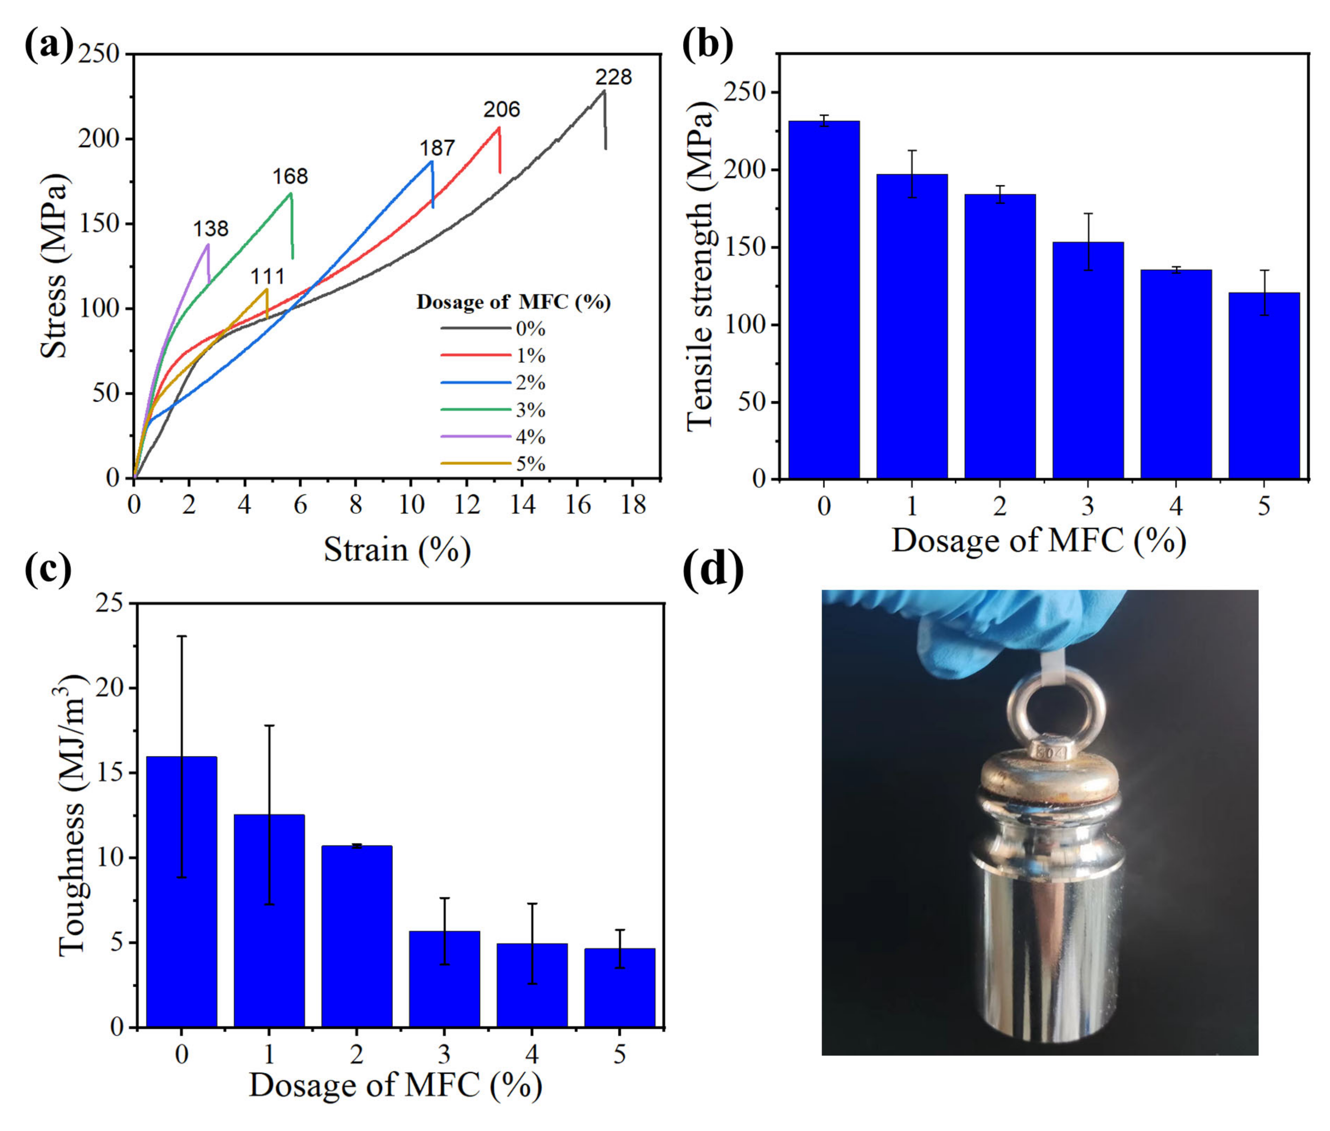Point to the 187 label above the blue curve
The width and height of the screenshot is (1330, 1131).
[x=437, y=148]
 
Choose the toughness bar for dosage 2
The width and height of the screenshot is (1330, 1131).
[x=356, y=936]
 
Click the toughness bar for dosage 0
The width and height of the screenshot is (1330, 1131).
[x=182, y=891]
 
